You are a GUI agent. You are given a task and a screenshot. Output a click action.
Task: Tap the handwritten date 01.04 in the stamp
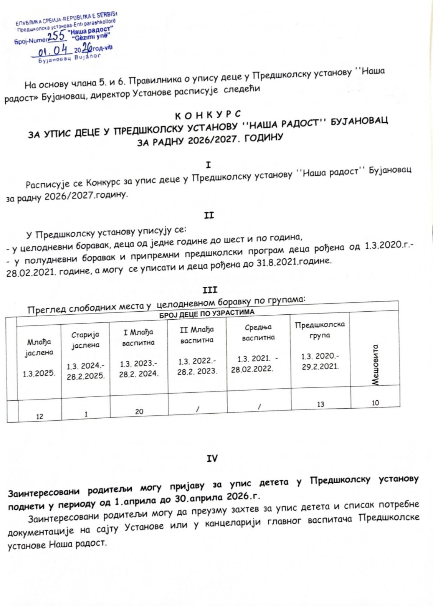point(53,51)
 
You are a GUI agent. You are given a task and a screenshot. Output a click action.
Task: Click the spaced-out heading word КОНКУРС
point(208,114)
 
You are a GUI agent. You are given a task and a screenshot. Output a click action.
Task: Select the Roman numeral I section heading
point(208,165)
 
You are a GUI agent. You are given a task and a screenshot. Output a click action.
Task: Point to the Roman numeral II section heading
point(209,216)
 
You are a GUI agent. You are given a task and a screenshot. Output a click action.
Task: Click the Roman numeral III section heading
point(210,290)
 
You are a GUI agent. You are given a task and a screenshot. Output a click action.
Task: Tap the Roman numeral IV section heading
point(212,458)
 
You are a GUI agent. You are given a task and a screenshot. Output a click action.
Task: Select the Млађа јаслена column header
point(39,347)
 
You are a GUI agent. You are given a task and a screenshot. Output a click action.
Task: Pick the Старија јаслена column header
point(86,340)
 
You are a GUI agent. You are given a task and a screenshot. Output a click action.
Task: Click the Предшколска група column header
point(320,330)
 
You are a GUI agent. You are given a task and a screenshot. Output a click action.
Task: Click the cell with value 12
point(39,416)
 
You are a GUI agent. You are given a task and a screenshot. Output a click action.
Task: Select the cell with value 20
point(139,411)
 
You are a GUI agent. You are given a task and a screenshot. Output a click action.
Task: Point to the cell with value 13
point(321,404)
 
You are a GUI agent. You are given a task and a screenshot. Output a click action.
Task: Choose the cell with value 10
point(375,403)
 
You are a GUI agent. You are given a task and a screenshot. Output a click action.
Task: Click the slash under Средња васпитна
point(259,407)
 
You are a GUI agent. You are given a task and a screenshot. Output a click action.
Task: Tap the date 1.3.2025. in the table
point(39,373)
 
